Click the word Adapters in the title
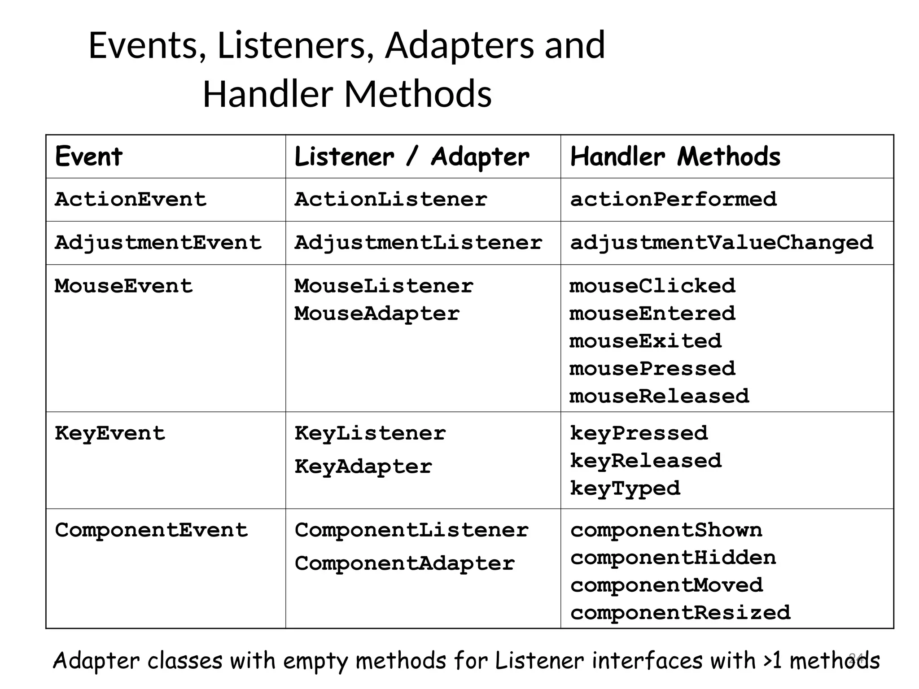pyautogui.click(x=459, y=46)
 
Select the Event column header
pyautogui.click(x=88, y=157)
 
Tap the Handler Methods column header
pyautogui.click(x=675, y=157)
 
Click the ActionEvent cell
pyautogui.click(x=131, y=199)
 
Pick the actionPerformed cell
pyautogui.click(x=673, y=199)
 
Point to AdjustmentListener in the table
pyautogui.click(x=418, y=243)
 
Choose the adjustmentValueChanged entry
pyautogui.click(x=721, y=243)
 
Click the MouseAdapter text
pyautogui.click(x=377, y=314)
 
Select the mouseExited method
pyautogui.click(x=645, y=341)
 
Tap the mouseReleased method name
pyautogui.click(x=659, y=397)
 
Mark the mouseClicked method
pyautogui.click(x=652, y=286)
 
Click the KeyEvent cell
pyautogui.click(x=110, y=434)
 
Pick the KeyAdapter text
pyautogui.click(x=363, y=467)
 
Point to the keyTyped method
pyautogui.click(x=625, y=488)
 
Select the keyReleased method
pyautogui.click(x=646, y=461)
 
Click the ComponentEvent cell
pyautogui.click(x=151, y=531)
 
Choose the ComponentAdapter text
pyautogui.click(x=404, y=564)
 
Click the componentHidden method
pyautogui.click(x=673, y=558)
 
